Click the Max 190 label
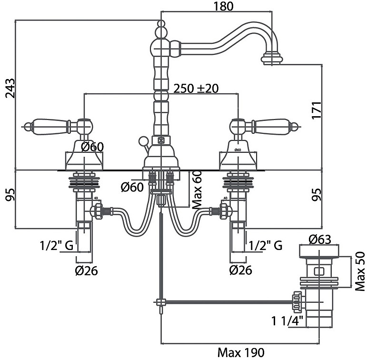[240, 353]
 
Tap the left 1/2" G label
[56, 246]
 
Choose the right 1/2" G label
[266, 246]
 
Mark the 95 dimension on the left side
[10, 195]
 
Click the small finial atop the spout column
[160, 23]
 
